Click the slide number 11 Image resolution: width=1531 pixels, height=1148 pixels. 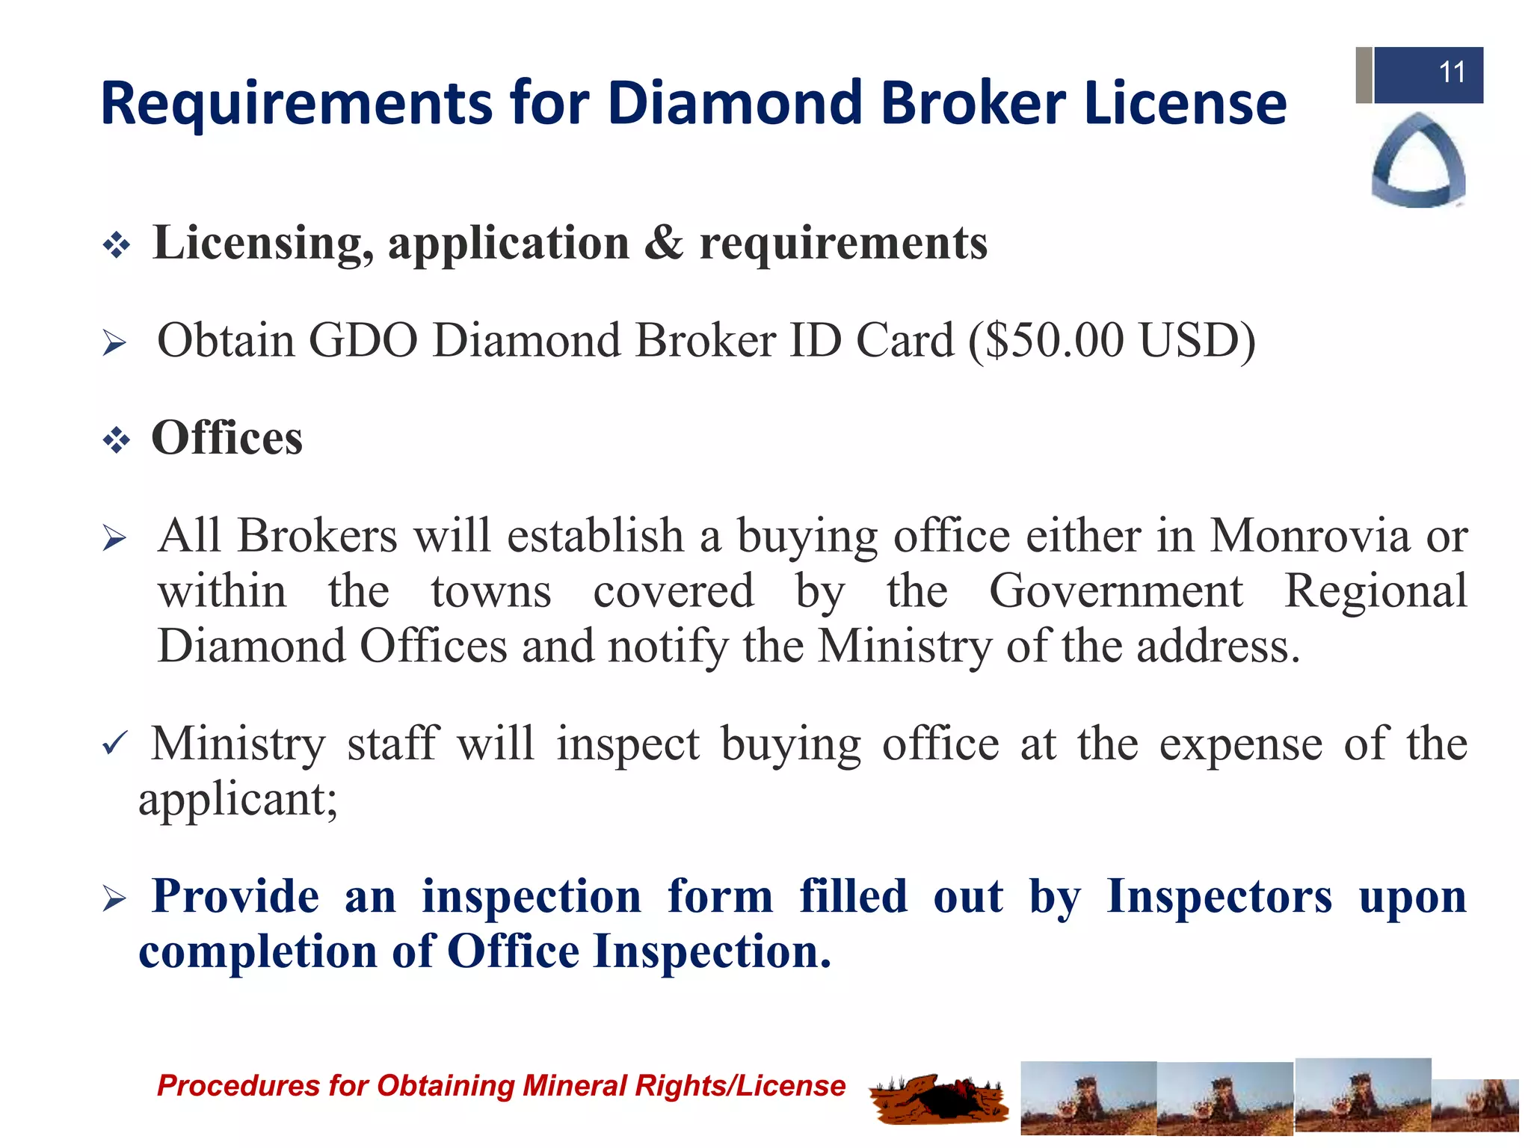click(1451, 73)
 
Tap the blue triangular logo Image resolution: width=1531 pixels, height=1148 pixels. click(1418, 161)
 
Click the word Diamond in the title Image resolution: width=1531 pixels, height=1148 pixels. click(736, 103)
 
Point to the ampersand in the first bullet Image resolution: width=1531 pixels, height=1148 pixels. click(663, 243)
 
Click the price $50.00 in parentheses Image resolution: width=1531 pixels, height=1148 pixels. click(1054, 341)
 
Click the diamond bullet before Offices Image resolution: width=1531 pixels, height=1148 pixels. click(117, 440)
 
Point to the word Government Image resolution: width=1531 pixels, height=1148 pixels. click(1115, 591)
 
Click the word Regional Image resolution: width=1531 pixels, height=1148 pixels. click(1376, 591)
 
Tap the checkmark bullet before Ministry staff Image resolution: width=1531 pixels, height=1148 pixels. click(115, 744)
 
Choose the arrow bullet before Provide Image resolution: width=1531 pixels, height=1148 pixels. click(114, 899)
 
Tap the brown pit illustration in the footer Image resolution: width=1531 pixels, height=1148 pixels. click(938, 1099)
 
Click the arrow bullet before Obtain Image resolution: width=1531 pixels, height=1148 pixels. click(114, 344)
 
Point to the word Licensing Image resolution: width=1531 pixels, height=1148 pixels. click(263, 243)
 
